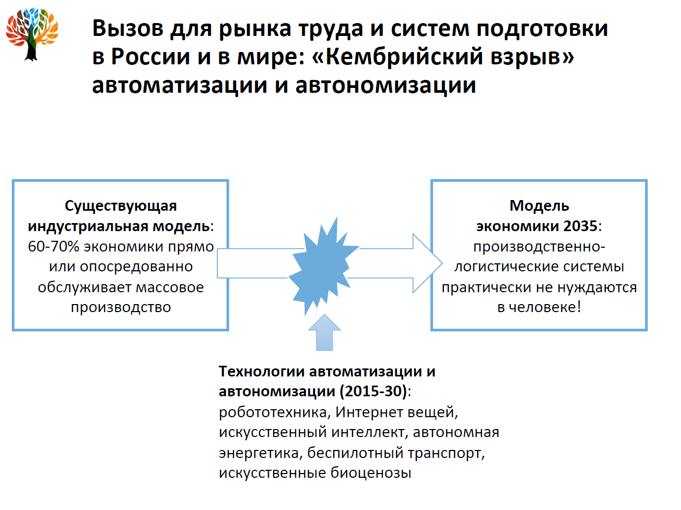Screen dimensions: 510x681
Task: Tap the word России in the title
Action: [154, 58]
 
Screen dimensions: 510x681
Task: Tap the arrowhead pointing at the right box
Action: [427, 263]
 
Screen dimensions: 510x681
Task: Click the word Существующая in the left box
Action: [121, 206]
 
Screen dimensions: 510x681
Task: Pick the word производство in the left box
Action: [121, 307]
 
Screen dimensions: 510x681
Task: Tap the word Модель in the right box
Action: [539, 206]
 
